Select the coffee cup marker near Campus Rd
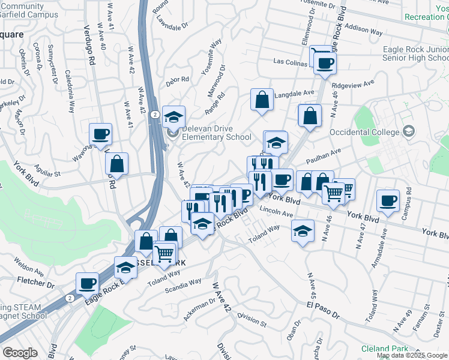388,201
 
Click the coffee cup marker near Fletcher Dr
87,283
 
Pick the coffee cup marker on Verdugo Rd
101,134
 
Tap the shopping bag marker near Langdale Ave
262,100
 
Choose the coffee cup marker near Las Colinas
325,62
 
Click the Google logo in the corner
20,353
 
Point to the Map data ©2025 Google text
412,355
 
